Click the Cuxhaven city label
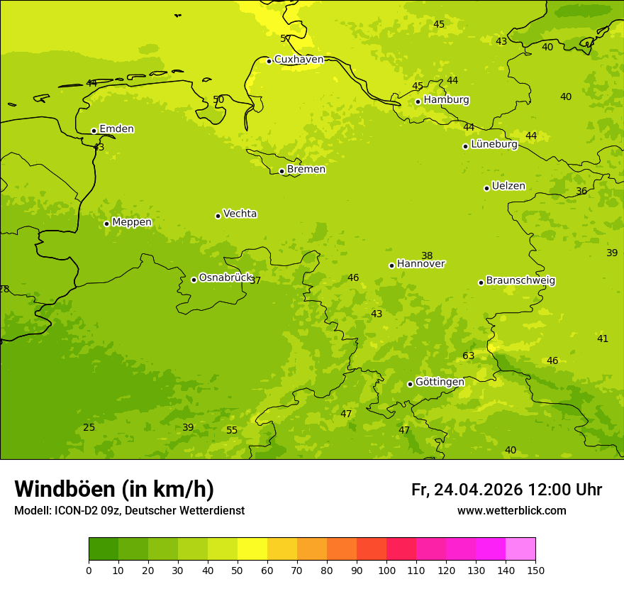tap(299, 60)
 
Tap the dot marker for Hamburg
tap(418, 101)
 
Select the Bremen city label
tap(306, 170)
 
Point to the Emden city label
tap(116, 129)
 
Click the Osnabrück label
tap(225, 278)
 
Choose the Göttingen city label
tap(440, 382)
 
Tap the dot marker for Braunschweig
tap(481, 282)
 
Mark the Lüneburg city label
tap(494, 145)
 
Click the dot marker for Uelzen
tap(486, 188)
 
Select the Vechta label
tap(240, 214)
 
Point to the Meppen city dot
tap(106, 224)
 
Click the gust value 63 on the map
tap(468, 356)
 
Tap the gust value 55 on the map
tap(232, 430)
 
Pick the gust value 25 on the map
tap(89, 427)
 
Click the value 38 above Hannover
tap(427, 255)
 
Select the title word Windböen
tap(65, 489)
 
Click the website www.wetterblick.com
tap(511, 511)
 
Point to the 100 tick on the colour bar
tap(386, 570)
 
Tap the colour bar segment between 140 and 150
tap(520, 549)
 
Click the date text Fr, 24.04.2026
tap(467, 490)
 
